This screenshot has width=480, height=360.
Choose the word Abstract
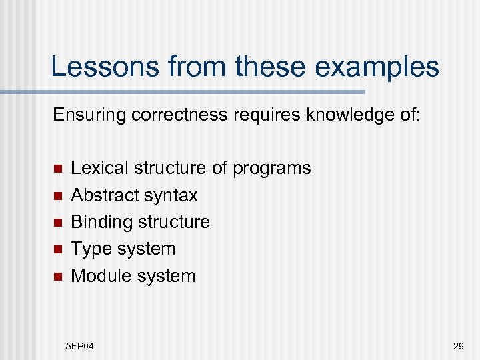pyautogui.click(x=101, y=195)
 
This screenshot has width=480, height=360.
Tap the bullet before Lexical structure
pyautogui.click(x=58, y=169)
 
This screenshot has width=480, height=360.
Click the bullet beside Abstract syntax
pyautogui.click(x=58, y=195)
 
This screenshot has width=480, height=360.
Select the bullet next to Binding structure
pyautogui.click(x=58, y=223)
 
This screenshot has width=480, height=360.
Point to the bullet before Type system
pyautogui.click(x=58, y=249)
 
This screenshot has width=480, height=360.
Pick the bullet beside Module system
pyautogui.click(x=58, y=277)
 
